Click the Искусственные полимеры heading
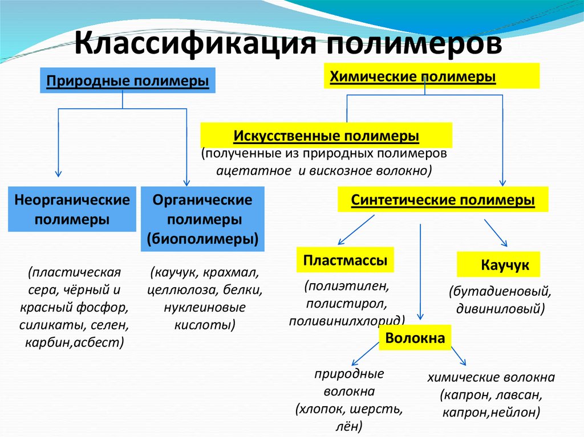[326, 137]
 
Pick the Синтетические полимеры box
[443, 201]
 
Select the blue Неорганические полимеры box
[72, 209]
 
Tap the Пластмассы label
[345, 260]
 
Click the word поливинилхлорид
[346, 320]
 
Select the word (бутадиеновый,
[500, 292]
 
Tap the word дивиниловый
[499, 309]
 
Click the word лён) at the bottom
[350, 426]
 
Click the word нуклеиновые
[204, 308]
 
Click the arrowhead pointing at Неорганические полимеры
[58, 173]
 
